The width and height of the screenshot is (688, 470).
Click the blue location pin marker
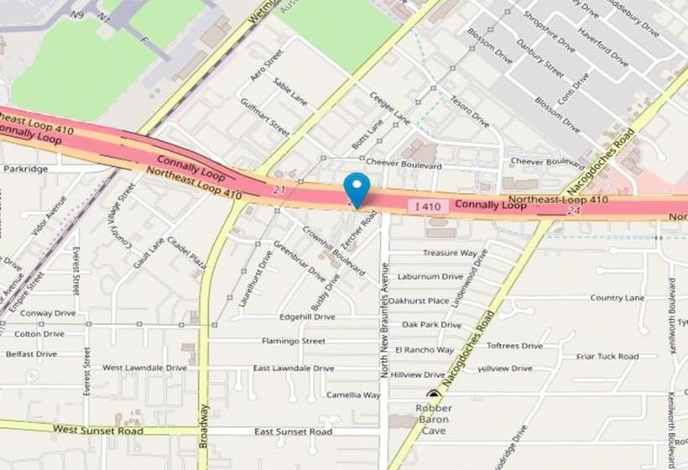coord(357,186)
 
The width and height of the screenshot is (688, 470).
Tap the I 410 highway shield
coord(425,206)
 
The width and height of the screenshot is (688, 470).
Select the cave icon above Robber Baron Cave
coord(434,394)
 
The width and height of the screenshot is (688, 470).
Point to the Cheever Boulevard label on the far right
coord(547,161)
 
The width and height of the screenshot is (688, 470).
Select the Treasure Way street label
coord(450,253)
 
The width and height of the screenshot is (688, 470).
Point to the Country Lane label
coord(617,298)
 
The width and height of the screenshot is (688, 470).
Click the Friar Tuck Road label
coord(607,357)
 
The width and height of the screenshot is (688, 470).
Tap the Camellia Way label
coord(353,394)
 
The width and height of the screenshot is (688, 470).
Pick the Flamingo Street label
coord(293,342)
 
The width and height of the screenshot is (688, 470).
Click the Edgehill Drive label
coord(307,317)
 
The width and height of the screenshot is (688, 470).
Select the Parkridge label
coord(25,169)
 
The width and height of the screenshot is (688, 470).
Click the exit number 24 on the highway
coord(574,211)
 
